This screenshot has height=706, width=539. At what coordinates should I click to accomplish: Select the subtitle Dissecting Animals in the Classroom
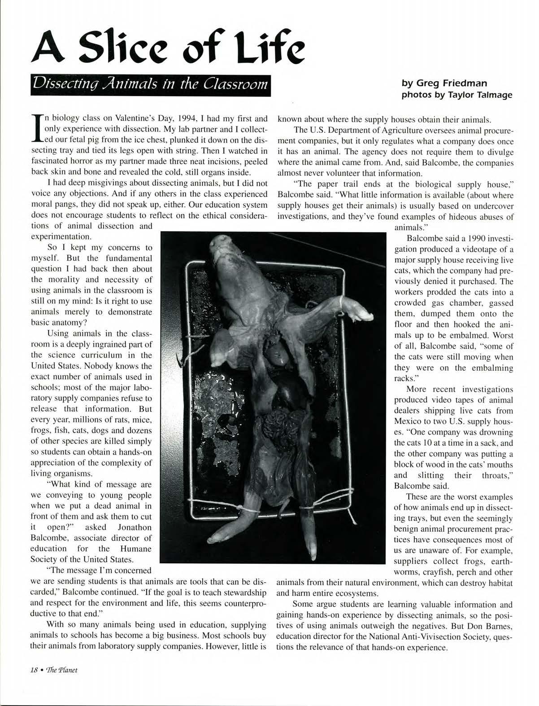151,84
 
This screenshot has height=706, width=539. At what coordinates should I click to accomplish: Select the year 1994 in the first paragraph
184,119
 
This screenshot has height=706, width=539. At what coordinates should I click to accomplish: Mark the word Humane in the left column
135,548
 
